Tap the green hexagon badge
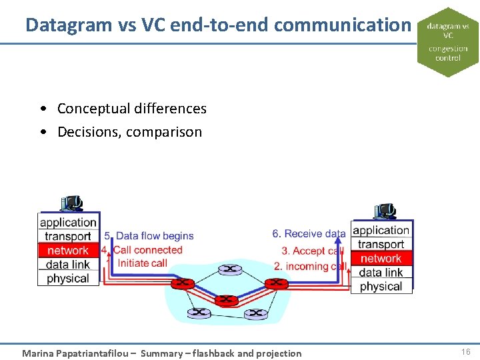448,42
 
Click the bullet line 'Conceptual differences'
131,108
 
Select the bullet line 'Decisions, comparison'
129,131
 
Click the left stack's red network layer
67,251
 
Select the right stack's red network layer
381,259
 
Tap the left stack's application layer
68,223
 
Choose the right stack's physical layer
381,287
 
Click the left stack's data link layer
67,265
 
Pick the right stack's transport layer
381,245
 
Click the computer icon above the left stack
71,203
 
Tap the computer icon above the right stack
385,211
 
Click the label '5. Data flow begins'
149,236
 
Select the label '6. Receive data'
309,234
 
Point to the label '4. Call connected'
142,250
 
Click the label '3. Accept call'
312,251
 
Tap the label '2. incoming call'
310,266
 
